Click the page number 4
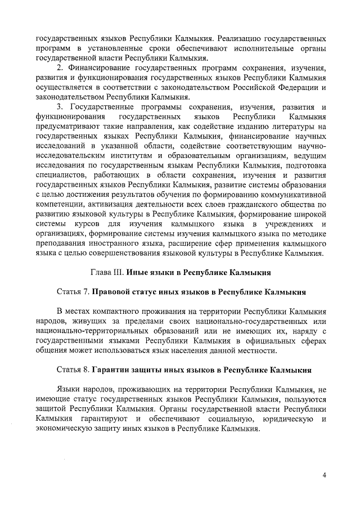point(324,476)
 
